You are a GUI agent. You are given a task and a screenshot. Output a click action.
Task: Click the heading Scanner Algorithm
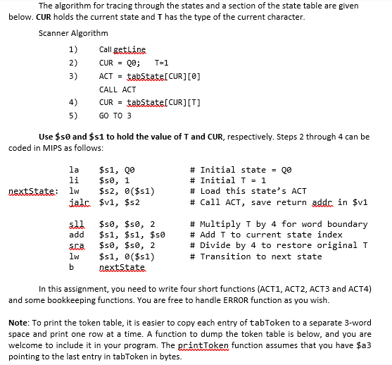point(74,33)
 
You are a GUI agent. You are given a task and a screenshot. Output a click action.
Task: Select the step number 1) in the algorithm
point(73,48)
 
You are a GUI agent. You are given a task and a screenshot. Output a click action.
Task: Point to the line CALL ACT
point(118,89)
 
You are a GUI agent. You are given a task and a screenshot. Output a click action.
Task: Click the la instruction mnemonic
point(73,170)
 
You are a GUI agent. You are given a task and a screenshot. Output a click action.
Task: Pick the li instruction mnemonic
point(73,180)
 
